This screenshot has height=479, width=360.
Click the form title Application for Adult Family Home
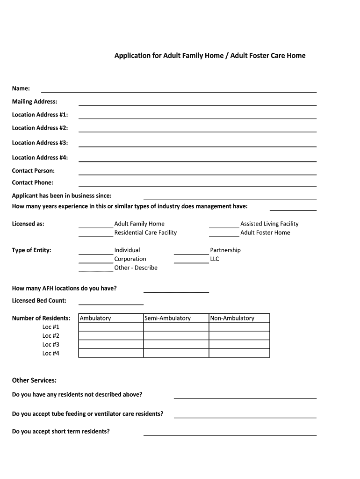210,56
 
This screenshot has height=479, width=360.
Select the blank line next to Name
179,89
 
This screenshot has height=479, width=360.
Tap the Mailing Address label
35,102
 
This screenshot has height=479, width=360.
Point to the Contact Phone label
33,182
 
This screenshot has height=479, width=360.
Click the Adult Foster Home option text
265,232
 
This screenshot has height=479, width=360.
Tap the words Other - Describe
136,268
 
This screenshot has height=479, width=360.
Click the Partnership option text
225,250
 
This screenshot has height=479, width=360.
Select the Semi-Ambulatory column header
167,318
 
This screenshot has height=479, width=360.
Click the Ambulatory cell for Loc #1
111,327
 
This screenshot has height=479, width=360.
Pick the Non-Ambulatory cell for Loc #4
239,353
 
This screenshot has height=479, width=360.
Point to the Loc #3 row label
51,344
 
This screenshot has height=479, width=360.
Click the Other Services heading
34,380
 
